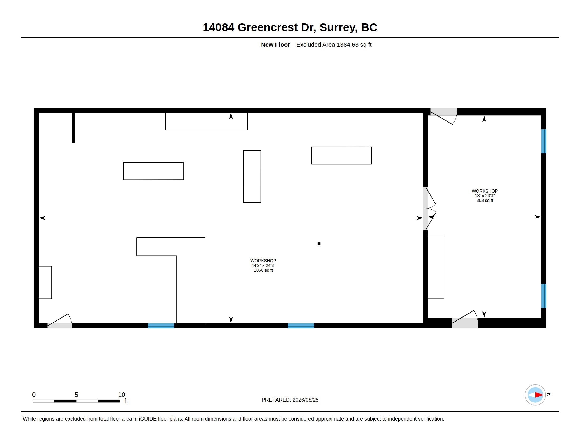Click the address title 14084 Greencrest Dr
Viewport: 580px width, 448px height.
(259, 27)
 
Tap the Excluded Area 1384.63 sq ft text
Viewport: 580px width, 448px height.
(334, 45)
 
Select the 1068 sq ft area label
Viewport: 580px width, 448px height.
(263, 270)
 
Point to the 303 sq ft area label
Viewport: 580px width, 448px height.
(485, 200)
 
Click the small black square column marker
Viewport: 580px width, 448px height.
(319, 244)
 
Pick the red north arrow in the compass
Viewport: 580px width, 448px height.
(539, 395)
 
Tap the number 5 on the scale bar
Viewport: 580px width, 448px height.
(76, 395)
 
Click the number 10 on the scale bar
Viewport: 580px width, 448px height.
(122, 395)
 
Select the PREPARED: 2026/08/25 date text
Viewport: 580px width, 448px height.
(290, 400)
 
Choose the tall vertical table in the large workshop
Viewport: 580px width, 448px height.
(252, 177)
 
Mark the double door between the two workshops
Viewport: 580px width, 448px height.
(429, 209)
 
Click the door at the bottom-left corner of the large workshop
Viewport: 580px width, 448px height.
(60, 321)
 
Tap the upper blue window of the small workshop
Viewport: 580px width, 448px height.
(544, 141)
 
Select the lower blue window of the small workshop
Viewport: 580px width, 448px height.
(544, 296)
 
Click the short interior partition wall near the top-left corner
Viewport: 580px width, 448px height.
(73, 127)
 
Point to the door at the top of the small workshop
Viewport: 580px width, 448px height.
(443, 116)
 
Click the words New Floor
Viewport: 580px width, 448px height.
(275, 45)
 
